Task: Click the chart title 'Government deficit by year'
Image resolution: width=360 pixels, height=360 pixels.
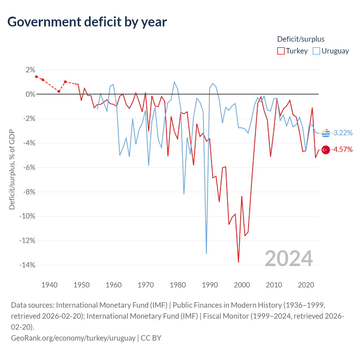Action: (x=87, y=22)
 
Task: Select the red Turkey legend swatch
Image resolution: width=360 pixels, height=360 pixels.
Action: (x=281, y=51)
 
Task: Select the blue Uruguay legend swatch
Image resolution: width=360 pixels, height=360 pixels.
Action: (x=316, y=51)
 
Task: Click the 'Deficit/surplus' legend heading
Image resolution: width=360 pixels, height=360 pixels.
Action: (x=301, y=39)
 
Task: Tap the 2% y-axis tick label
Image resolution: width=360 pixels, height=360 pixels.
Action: (x=30, y=70)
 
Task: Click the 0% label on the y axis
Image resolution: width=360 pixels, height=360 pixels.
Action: (x=30, y=94)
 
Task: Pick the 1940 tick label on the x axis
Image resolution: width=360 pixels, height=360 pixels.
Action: (x=49, y=285)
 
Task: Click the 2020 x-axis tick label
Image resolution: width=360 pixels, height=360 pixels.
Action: (x=306, y=285)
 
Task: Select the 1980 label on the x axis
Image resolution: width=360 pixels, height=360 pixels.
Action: (x=178, y=285)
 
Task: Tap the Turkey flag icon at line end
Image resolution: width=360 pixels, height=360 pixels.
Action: (x=326, y=150)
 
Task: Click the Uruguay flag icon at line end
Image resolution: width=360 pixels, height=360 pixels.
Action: (x=326, y=133)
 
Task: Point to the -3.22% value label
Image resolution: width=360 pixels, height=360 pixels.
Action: (x=342, y=133)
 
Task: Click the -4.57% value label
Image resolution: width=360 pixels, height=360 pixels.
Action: (x=342, y=149)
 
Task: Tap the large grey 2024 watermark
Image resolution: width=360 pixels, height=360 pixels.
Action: (x=289, y=258)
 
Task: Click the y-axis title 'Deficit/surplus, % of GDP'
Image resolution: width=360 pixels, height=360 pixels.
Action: (x=12, y=169)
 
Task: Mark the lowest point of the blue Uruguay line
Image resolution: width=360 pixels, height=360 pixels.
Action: (x=206, y=254)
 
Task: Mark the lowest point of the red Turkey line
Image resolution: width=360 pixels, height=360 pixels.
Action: (x=238, y=262)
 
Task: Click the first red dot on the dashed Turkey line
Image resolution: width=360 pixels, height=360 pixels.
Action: (x=37, y=76)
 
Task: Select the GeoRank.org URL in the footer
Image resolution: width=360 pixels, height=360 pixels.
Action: (x=73, y=338)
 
